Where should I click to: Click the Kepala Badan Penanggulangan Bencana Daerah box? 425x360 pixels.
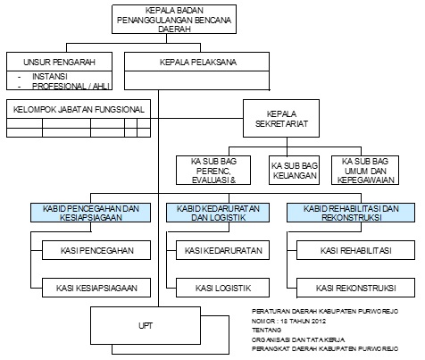pyautogui.click(x=174, y=19)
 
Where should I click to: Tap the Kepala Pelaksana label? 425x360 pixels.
pyautogui.click(x=198, y=62)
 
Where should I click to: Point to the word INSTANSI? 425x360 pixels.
pyautogui.click(x=50, y=77)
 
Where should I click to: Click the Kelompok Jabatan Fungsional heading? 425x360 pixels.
pyautogui.click(x=79, y=109)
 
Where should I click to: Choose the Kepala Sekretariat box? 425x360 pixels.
pyautogui.click(x=281, y=119)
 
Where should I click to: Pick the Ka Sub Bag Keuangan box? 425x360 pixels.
pyautogui.click(x=295, y=171)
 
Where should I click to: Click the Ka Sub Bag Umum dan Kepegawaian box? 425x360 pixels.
pyautogui.click(x=365, y=171)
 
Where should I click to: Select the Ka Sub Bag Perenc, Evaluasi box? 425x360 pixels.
pyautogui.click(x=213, y=171)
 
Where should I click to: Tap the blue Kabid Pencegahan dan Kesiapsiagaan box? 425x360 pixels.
pyautogui.click(x=90, y=213)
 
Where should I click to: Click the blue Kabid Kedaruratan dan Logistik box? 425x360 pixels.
pyautogui.click(x=218, y=213)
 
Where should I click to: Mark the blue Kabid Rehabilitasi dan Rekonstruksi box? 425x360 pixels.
pyautogui.click(x=351, y=213)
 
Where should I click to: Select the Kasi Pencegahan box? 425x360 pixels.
pyautogui.click(x=96, y=250)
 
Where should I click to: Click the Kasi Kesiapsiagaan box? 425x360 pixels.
pyautogui.click(x=96, y=288)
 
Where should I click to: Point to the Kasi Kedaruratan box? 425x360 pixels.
pyautogui.click(x=223, y=250)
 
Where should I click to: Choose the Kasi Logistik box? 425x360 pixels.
pyautogui.click(x=223, y=288)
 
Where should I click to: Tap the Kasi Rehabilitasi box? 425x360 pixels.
pyautogui.click(x=356, y=250)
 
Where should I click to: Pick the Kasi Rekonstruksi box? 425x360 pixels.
pyautogui.click(x=356, y=288)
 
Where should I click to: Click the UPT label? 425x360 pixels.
pyautogui.click(x=146, y=326)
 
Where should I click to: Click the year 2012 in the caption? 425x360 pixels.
pyautogui.click(x=319, y=321)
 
